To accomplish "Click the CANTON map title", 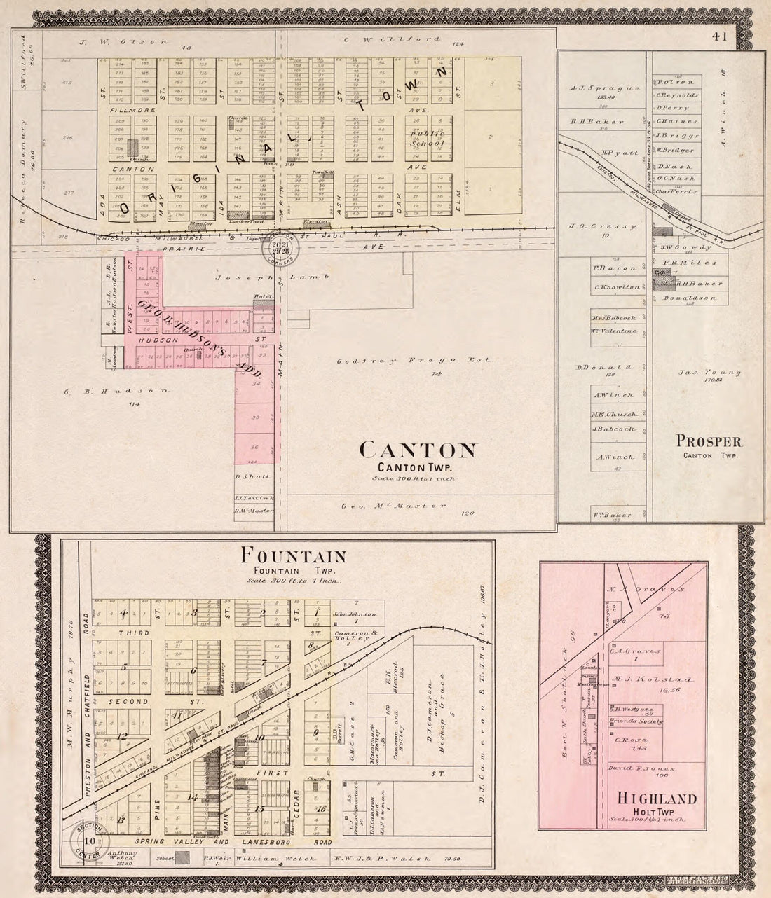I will (418, 450).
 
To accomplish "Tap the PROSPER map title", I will (709, 441).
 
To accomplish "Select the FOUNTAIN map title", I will (293, 557).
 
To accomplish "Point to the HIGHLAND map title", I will (656, 799).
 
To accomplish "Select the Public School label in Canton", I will (428, 138).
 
